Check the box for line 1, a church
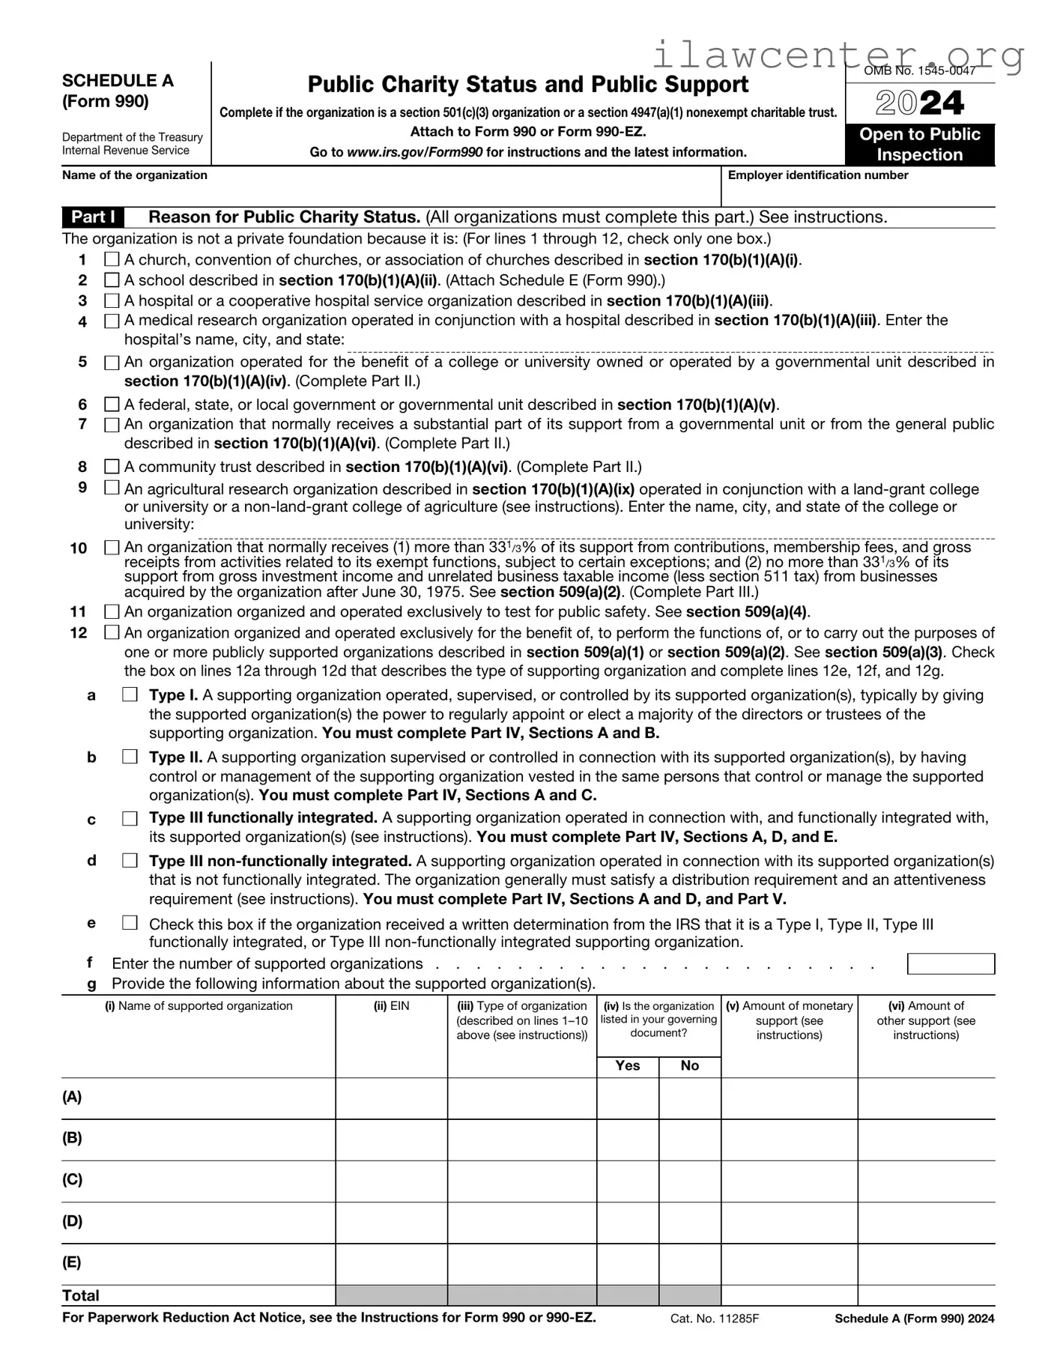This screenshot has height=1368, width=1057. click(112, 259)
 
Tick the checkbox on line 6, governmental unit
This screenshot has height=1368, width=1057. click(112, 405)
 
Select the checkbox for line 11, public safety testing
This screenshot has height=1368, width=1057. click(112, 611)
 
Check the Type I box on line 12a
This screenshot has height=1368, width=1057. click(130, 694)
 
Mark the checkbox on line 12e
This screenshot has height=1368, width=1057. click(130, 923)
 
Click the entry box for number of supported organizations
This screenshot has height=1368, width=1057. click(950, 963)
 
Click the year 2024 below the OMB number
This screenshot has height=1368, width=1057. click(920, 103)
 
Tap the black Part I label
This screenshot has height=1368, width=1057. click(93, 217)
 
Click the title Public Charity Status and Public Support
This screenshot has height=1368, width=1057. click(527, 84)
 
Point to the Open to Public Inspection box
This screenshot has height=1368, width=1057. click(920, 144)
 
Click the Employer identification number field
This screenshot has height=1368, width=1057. click(858, 193)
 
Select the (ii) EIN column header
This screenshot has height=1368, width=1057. click(392, 1005)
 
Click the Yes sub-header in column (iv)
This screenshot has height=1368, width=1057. click(627, 1065)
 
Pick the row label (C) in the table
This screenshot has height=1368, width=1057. click(72, 1179)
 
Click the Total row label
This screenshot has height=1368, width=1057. click(81, 1295)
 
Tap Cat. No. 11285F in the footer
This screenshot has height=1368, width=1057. click(715, 1319)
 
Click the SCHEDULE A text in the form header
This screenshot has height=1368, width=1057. click(118, 81)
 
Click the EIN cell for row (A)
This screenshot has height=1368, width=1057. click(392, 1098)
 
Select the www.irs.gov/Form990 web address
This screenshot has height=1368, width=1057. click(414, 152)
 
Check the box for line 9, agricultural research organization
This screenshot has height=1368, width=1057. click(112, 487)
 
